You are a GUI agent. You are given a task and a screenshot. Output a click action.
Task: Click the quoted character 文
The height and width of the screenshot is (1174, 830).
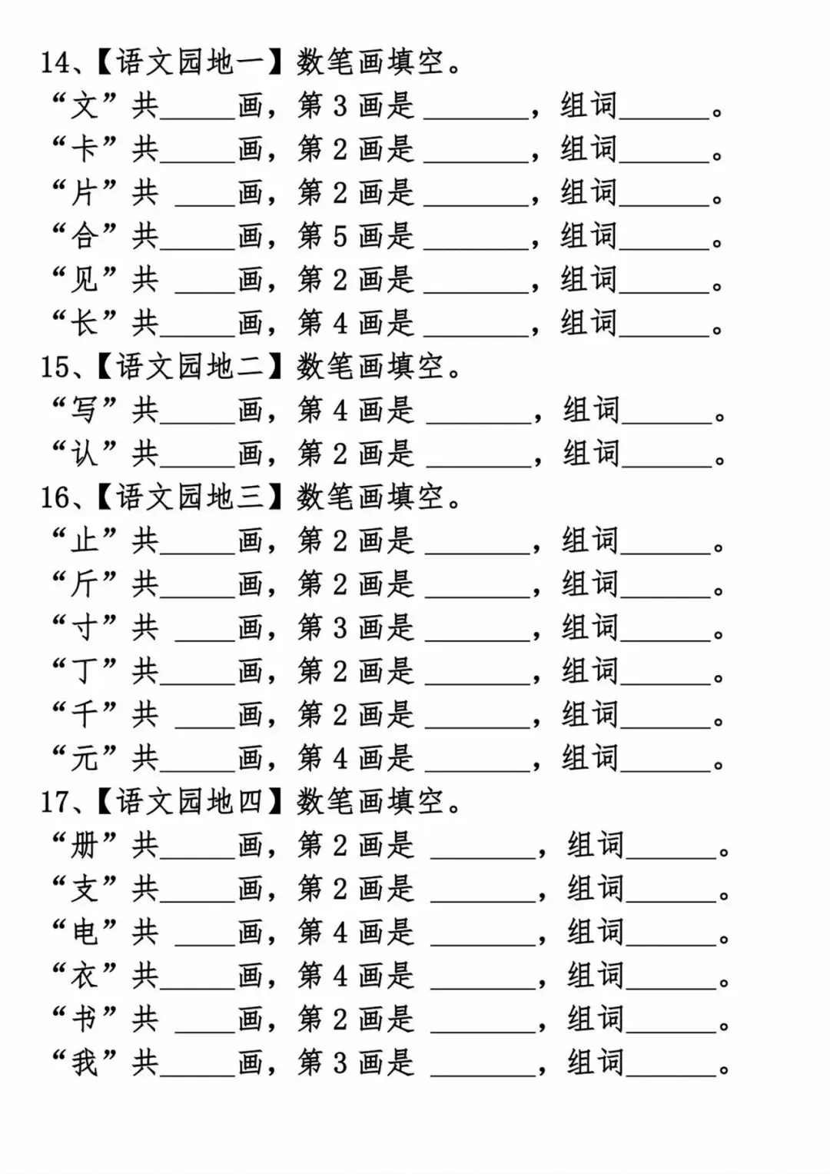(84, 106)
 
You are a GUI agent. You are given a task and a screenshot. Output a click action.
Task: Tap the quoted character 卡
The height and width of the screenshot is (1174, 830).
(84, 149)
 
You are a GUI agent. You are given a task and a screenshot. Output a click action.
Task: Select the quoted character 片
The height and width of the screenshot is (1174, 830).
(84, 193)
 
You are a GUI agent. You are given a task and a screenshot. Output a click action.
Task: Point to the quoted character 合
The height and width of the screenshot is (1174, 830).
(84, 236)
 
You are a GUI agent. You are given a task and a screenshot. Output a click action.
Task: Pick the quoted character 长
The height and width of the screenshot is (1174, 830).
(84, 323)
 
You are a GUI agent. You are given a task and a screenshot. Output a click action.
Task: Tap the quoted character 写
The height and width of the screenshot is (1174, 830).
(84, 410)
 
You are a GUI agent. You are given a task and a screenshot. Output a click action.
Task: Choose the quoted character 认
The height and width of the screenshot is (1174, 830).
(84, 454)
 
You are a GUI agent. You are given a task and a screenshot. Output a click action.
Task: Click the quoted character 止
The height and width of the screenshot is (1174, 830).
(84, 540)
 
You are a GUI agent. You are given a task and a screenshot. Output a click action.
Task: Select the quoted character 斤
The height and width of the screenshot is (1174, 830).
(84, 584)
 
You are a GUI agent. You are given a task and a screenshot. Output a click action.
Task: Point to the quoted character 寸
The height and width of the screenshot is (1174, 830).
(84, 627)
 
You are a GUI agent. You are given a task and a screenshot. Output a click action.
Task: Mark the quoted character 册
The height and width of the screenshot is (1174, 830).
(84, 846)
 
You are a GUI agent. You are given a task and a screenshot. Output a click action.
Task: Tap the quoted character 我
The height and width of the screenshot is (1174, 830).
(84, 1063)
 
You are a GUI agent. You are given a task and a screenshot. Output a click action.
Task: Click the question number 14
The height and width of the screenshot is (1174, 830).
(55, 62)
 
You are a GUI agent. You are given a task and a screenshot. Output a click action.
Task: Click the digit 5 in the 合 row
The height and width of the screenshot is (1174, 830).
(340, 236)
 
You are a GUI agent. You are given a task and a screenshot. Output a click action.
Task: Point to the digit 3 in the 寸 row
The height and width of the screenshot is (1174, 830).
(340, 627)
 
